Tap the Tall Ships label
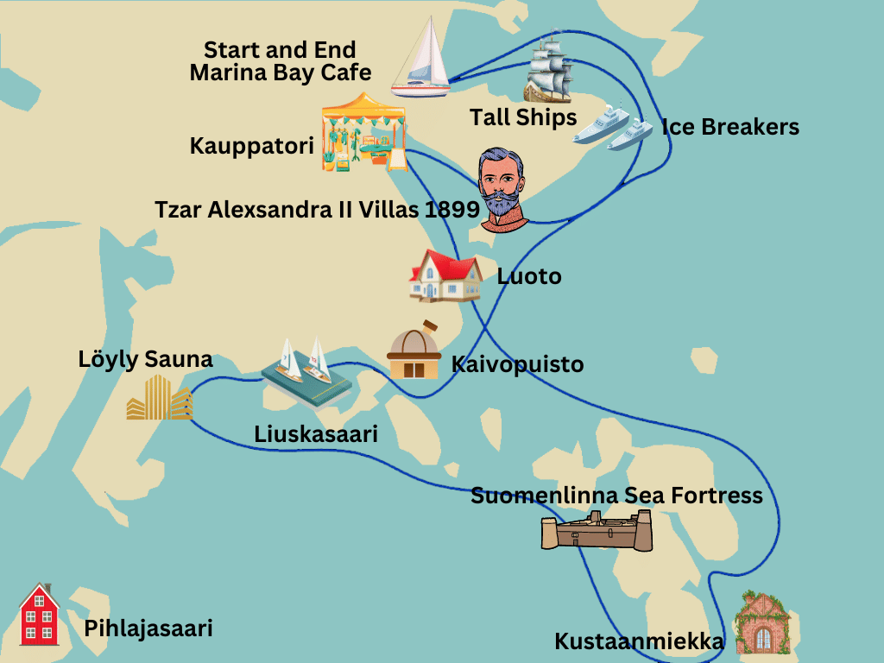[523, 117]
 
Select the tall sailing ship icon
[549, 70]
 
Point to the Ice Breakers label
[730, 127]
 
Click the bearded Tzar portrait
[502, 189]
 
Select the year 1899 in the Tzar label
[452, 210]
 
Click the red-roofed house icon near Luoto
[445, 275]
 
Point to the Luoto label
[529, 276]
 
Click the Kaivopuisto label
[517, 364]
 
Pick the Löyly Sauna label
[145, 359]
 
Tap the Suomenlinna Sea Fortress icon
[597, 530]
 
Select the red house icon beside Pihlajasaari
[39, 615]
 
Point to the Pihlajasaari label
[148, 628]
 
